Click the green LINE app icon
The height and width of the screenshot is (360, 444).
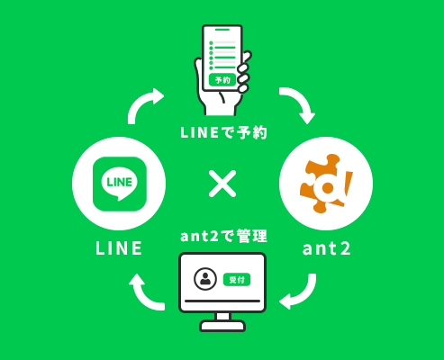(x=120, y=184)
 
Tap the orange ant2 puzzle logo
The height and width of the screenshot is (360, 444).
(x=326, y=184)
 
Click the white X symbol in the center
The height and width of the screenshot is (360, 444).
(x=222, y=184)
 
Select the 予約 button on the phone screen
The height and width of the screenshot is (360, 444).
(x=222, y=80)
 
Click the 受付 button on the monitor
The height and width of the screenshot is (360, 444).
(x=237, y=280)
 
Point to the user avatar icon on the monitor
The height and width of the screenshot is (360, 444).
(x=205, y=279)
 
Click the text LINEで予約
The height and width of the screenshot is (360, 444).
(x=223, y=132)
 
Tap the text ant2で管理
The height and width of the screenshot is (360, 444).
(x=223, y=236)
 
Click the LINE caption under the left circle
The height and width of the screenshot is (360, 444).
(x=119, y=248)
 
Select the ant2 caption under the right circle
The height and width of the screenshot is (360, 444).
(x=326, y=248)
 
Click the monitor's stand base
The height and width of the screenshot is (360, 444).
(x=222, y=326)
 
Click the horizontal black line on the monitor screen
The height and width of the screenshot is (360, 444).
(x=222, y=301)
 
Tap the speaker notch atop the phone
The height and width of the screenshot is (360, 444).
(x=222, y=30)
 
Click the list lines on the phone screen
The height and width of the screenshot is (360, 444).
(x=222, y=55)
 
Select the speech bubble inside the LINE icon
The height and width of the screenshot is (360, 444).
(x=120, y=184)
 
